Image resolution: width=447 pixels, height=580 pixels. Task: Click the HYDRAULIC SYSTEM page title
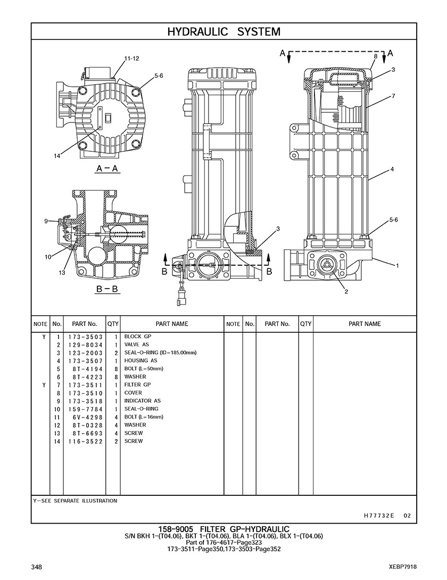pyautogui.click(x=223, y=32)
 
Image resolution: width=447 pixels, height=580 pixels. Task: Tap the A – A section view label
pyautogui.click(x=107, y=169)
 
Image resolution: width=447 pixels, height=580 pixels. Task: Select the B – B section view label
pyautogui.click(x=107, y=289)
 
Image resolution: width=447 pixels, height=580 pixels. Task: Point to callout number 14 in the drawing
pyautogui.click(x=57, y=156)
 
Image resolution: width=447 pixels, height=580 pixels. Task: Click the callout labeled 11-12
pyautogui.click(x=131, y=59)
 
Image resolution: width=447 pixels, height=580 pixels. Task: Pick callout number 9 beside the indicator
pyautogui.click(x=46, y=221)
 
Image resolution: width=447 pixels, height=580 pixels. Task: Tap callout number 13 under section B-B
pyautogui.click(x=62, y=273)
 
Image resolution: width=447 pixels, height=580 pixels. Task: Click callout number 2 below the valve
pyautogui.click(x=346, y=291)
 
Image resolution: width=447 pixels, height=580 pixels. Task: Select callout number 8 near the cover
pyautogui.click(x=376, y=56)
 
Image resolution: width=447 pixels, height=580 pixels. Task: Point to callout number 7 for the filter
pyautogui.click(x=393, y=96)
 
